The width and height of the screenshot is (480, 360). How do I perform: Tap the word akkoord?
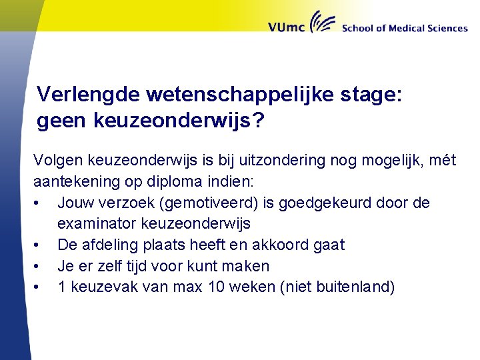[x=281, y=245]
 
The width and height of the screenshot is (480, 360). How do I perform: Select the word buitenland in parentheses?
[x=355, y=287]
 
